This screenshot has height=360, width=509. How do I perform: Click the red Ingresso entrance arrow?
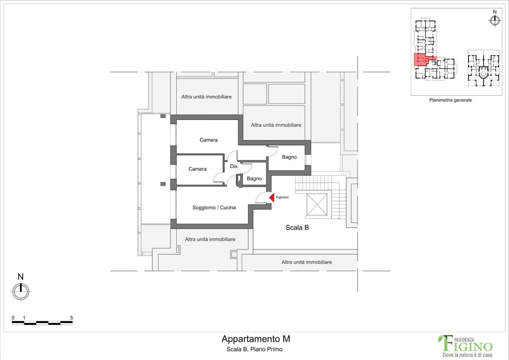pos(272,197)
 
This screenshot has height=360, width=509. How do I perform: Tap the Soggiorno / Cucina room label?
pos(214,208)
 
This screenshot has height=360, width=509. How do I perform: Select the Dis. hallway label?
pos(234,166)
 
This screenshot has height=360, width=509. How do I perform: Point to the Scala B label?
pos(297,228)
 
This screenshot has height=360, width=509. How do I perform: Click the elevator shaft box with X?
pos(317,204)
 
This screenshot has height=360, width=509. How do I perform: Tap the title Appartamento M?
pos(256,339)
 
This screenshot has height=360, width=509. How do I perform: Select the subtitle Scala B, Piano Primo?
pos(254,349)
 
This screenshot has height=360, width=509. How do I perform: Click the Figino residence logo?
pos(465,346)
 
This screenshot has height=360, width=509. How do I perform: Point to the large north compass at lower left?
pos(21,291)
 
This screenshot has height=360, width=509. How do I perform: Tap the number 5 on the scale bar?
pos(71,318)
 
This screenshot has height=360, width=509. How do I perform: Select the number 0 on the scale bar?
pos(13,318)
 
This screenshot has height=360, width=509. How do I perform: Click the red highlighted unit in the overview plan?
pos(421,60)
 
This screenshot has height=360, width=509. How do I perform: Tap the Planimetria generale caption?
pos(451,100)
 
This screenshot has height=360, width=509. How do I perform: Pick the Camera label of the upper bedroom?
pos(209,140)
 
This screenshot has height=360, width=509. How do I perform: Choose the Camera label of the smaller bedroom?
pos(198,169)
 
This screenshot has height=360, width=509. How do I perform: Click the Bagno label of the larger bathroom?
pos(289,157)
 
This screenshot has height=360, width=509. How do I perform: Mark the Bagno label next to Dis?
pos(254,179)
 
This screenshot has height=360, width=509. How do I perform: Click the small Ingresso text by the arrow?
pos(282,197)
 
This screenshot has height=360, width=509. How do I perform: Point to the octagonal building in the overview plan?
pos(483,68)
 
